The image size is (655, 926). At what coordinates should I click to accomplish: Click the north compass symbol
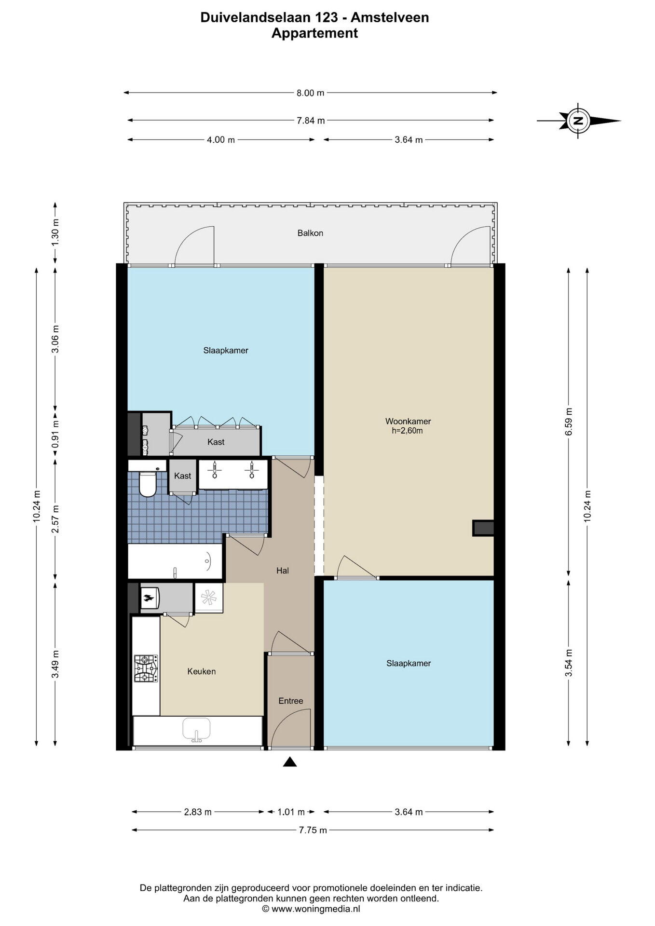pos(578,121)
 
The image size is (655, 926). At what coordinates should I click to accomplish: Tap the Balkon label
pos(310,233)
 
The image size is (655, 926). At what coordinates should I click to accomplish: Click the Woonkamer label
pos(408,421)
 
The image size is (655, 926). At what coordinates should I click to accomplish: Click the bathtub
pos(175,561)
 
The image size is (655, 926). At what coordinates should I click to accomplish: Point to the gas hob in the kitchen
pos(146,668)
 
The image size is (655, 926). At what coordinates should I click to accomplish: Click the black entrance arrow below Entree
pos(289,762)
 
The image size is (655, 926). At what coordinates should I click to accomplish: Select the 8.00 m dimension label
pos(310,93)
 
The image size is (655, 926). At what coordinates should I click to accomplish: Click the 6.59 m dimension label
pos(569,422)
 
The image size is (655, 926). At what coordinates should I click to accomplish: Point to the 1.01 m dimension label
pos(291,812)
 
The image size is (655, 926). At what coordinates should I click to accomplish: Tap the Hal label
pos(283,571)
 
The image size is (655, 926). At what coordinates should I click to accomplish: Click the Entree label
pos(291,701)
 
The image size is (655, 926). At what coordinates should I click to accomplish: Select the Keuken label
pos(202,671)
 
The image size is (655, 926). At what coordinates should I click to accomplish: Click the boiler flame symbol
pos(149,599)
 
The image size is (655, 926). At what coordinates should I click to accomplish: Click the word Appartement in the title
pos(314,33)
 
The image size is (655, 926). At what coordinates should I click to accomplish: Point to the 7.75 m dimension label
pos(313,830)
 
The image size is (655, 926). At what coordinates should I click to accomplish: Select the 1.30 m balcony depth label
pos(55,232)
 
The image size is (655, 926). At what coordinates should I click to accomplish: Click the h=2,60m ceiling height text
pos(407,431)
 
